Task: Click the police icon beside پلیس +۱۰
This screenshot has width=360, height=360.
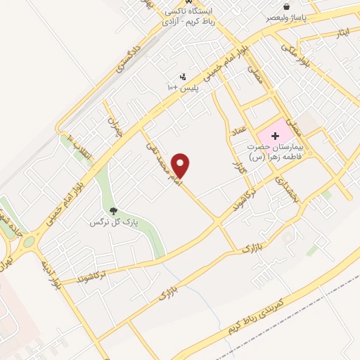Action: (183, 76)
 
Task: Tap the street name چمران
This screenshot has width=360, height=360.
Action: (115, 125)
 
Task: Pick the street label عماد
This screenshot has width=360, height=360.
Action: (239, 134)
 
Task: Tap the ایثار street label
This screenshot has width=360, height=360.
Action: (342, 33)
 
